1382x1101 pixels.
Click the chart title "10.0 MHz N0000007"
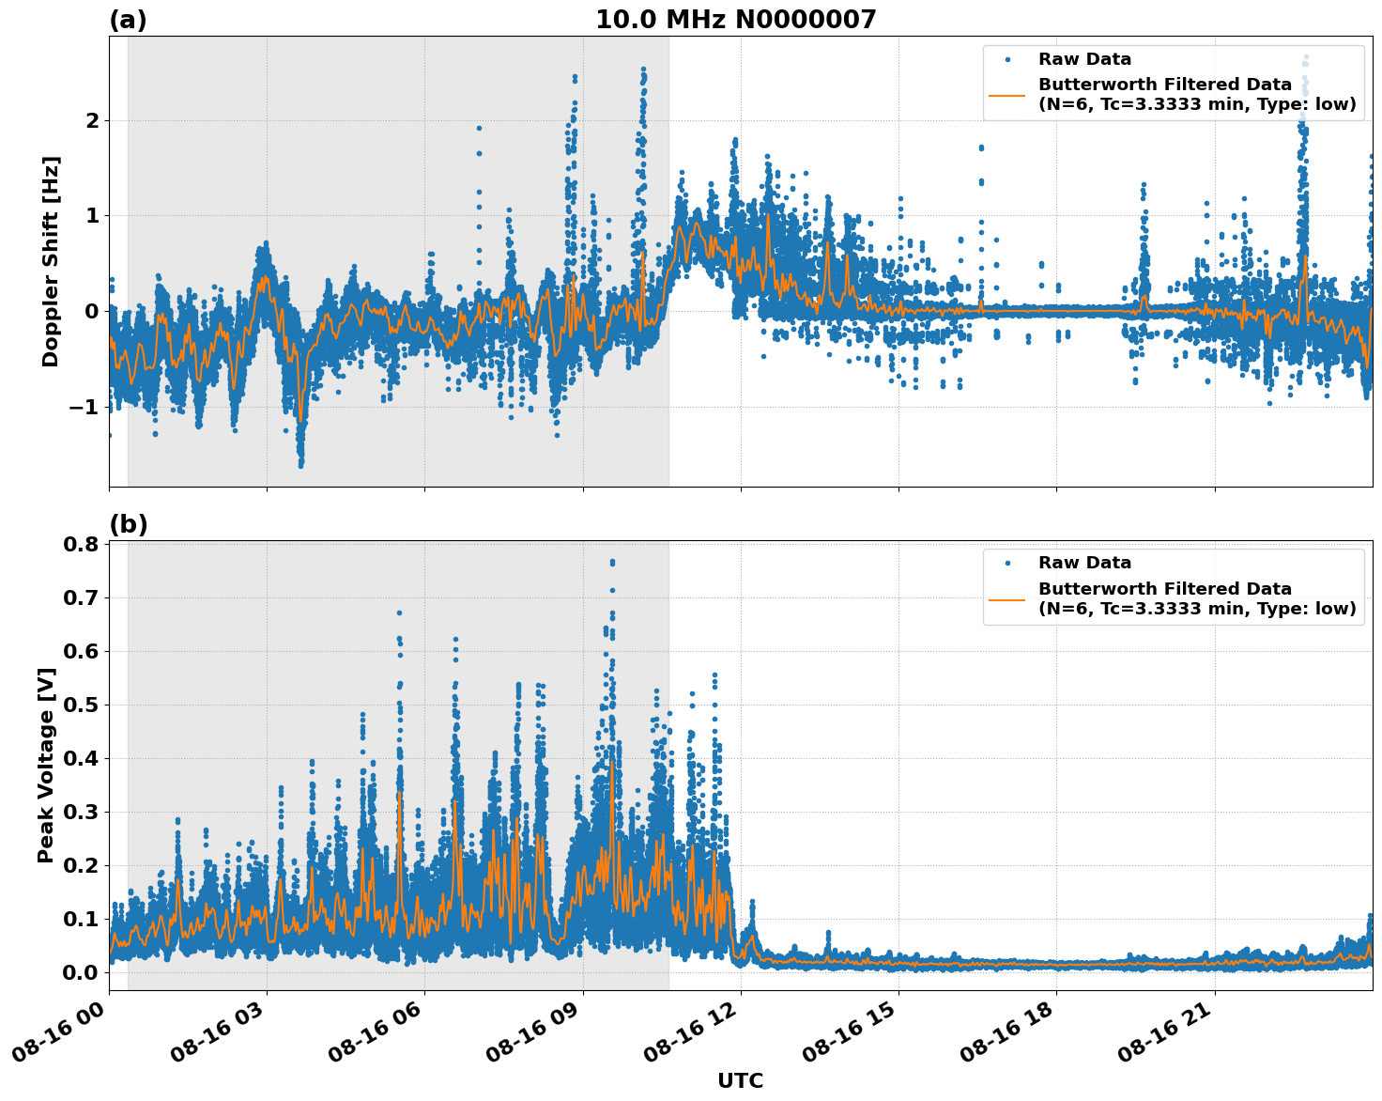pyautogui.click(x=735, y=20)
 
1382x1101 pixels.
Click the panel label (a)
pyautogui.click(x=128, y=20)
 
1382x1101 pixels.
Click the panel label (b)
pyautogui.click(x=128, y=524)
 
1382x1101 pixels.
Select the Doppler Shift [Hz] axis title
pyautogui.click(x=51, y=261)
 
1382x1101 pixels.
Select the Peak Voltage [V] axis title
pyautogui.click(x=46, y=765)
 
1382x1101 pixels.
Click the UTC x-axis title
pyautogui.click(x=740, y=1080)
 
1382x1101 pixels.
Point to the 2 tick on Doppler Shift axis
pyautogui.click(x=92, y=120)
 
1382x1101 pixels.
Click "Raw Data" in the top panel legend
pyautogui.click(x=1084, y=59)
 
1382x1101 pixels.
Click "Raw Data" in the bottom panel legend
pyautogui.click(x=1084, y=563)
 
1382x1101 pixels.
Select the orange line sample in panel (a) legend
pyautogui.click(x=1006, y=94)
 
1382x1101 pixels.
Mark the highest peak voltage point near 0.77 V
pyautogui.click(x=612, y=562)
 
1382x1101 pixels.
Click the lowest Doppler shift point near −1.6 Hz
pyautogui.click(x=300, y=464)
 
